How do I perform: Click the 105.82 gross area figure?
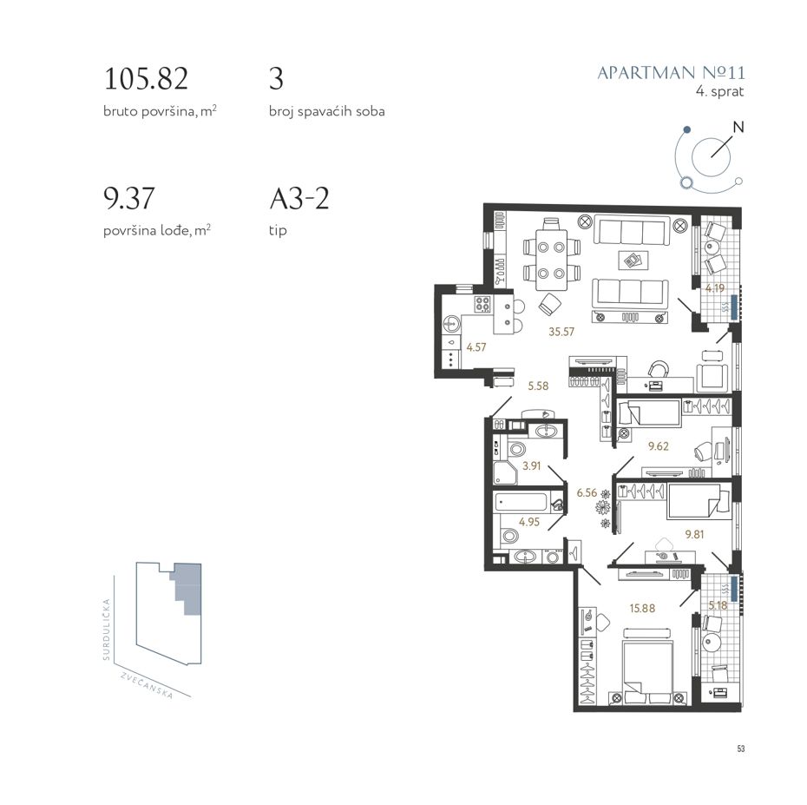click(146, 79)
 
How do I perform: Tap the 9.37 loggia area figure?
click(129, 198)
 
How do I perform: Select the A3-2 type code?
click(299, 198)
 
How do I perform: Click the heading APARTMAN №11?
click(671, 73)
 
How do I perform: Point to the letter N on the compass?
click(738, 127)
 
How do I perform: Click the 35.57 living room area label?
click(561, 332)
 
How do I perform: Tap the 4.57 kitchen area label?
click(476, 347)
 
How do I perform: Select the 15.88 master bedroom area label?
click(642, 608)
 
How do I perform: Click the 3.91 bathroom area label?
click(532, 465)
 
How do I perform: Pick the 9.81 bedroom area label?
click(694, 535)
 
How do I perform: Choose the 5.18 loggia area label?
click(718, 605)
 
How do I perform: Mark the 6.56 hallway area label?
click(587, 493)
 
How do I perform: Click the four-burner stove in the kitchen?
click(482, 305)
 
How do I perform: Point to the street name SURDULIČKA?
click(107, 630)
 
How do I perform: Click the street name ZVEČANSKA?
click(148, 685)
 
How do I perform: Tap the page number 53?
click(740, 749)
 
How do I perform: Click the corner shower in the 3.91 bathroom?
click(505, 472)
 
